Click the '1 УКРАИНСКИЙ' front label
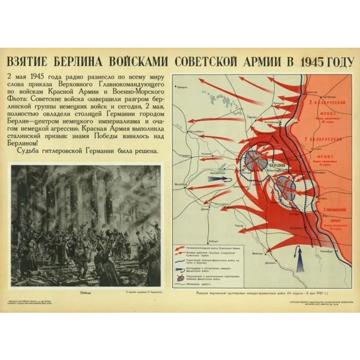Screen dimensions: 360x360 pyautogui.click(x=333, y=210)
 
